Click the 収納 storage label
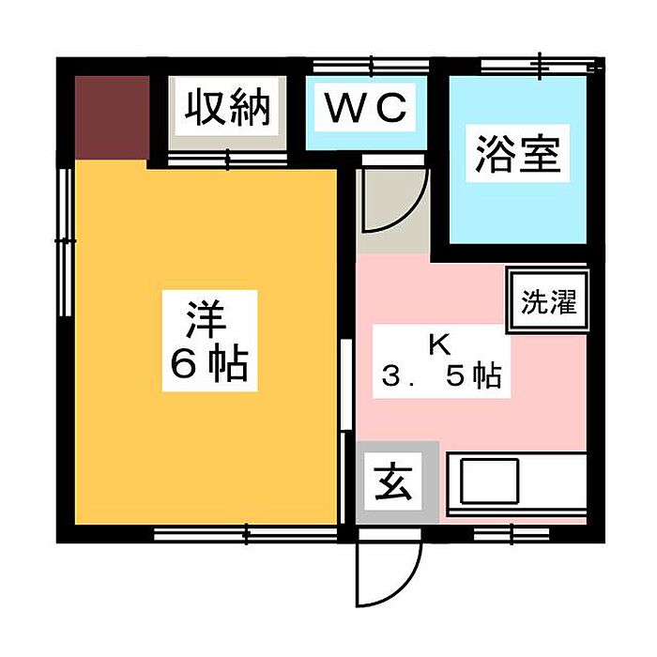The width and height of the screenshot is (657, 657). pos(226,108)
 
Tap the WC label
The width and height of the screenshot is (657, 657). pos(366,108)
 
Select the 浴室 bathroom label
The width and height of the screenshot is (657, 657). pos(517,155)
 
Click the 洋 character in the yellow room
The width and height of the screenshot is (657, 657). pos(208,316)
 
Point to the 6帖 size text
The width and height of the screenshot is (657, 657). pos(208,363)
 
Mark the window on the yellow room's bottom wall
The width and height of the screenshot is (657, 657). pos(246,535)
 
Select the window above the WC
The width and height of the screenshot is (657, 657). pos(372,66)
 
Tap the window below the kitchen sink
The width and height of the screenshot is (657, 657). pos(499,535)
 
